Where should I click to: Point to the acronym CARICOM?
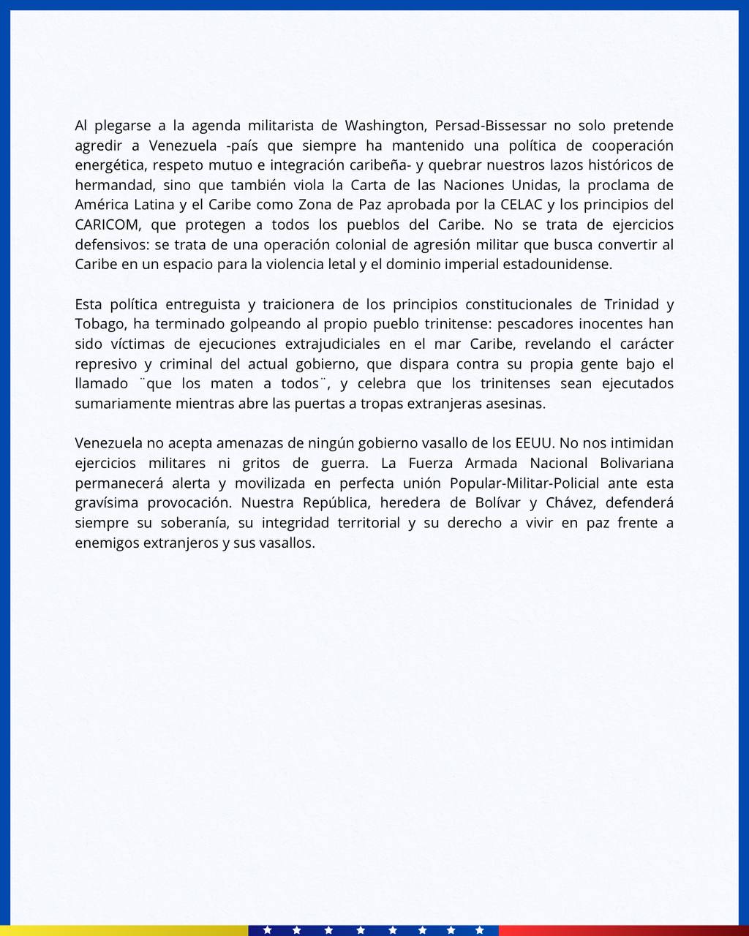pyautogui.click(x=107, y=224)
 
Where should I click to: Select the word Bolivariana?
pyautogui.click(x=637, y=463)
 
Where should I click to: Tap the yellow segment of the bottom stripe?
pyautogui.click(x=124, y=930)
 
